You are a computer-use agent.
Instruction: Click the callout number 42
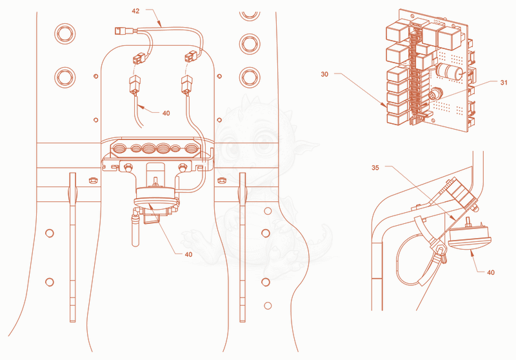point(135,11)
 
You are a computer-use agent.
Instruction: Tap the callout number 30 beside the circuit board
point(324,74)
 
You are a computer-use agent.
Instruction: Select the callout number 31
point(504,83)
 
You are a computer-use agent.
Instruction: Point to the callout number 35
point(375,168)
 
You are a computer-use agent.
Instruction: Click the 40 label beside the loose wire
point(166,113)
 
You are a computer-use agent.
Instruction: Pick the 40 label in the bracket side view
point(491,272)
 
